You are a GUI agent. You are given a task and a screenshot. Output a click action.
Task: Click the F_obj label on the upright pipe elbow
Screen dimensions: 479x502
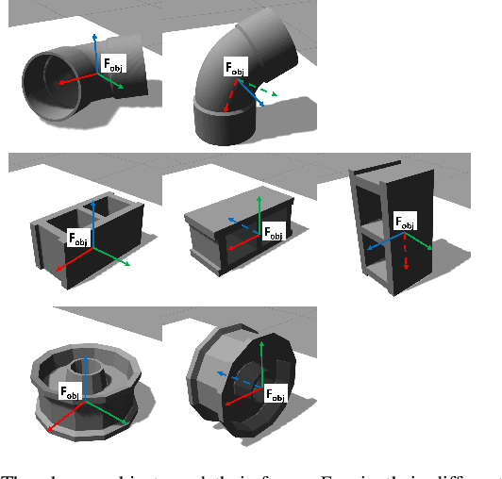(234, 67)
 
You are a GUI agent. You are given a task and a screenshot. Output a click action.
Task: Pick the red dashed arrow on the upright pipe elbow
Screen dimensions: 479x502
(228, 95)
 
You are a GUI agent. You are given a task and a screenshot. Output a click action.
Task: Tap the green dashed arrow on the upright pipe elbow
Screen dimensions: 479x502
(266, 91)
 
